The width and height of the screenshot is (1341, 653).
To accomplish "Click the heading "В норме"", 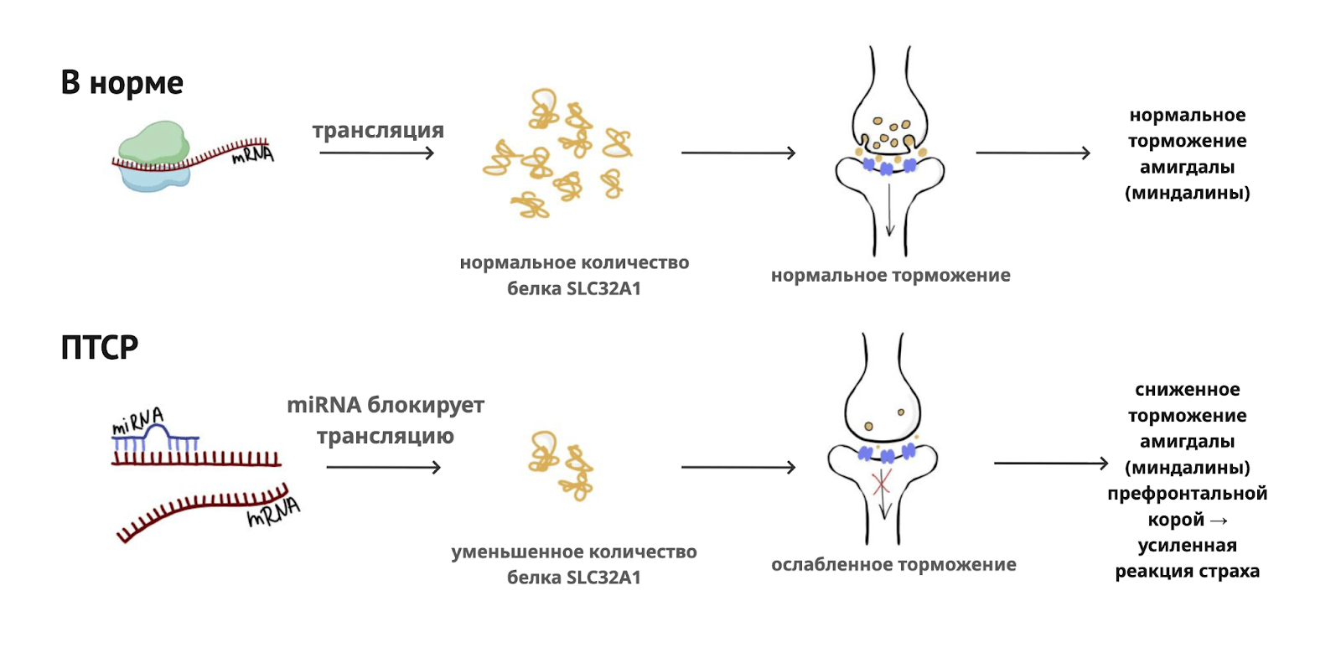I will [x=122, y=83].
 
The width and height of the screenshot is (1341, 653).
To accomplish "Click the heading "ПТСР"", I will [x=99, y=347].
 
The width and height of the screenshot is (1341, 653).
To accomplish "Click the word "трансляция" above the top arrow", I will [x=378, y=131].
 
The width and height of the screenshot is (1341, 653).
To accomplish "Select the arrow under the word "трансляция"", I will [x=377, y=153].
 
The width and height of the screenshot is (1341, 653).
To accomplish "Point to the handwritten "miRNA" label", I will [x=137, y=421].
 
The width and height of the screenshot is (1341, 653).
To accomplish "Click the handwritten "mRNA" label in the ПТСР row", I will [x=273, y=512].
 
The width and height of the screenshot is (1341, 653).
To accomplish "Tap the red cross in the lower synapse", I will [x=881, y=483].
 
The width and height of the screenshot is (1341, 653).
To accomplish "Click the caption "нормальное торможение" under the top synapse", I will [x=890, y=276].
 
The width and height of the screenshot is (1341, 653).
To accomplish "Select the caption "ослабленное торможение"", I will [x=893, y=565].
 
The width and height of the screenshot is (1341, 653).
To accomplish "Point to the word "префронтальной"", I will [x=1187, y=494].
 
